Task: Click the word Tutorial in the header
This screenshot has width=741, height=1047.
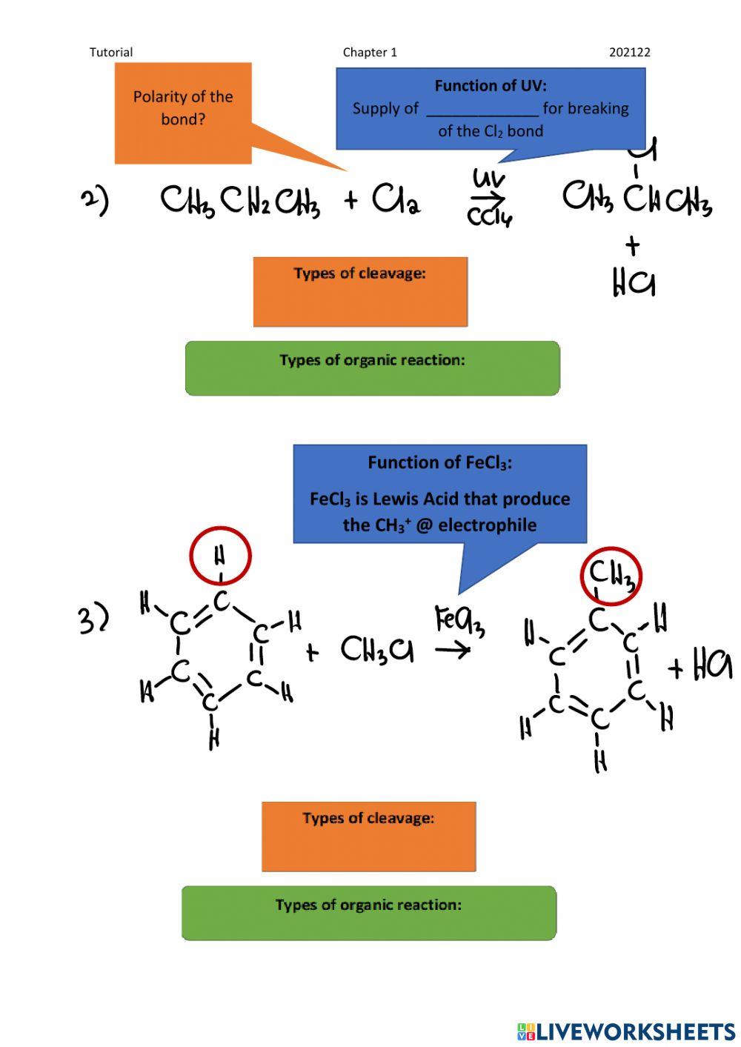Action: (111, 52)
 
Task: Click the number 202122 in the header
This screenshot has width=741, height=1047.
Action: (629, 52)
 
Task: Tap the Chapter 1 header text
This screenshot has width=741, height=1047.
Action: (370, 52)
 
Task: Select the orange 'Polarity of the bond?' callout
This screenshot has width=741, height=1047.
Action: (183, 113)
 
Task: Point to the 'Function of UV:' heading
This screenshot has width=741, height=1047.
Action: (491, 85)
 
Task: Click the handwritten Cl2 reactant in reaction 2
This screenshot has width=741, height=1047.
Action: (396, 199)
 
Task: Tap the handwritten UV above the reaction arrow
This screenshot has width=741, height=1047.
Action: (489, 179)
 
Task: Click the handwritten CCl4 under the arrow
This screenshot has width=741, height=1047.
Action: (490, 217)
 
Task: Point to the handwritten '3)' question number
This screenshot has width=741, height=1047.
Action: (94, 619)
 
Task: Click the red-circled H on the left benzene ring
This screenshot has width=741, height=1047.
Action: (220, 556)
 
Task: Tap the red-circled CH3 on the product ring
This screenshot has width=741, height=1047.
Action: (611, 576)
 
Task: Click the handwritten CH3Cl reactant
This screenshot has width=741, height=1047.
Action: (377, 649)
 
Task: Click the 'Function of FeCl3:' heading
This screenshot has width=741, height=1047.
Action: (440, 462)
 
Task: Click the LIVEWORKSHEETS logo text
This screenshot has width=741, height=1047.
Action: (636, 1031)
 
